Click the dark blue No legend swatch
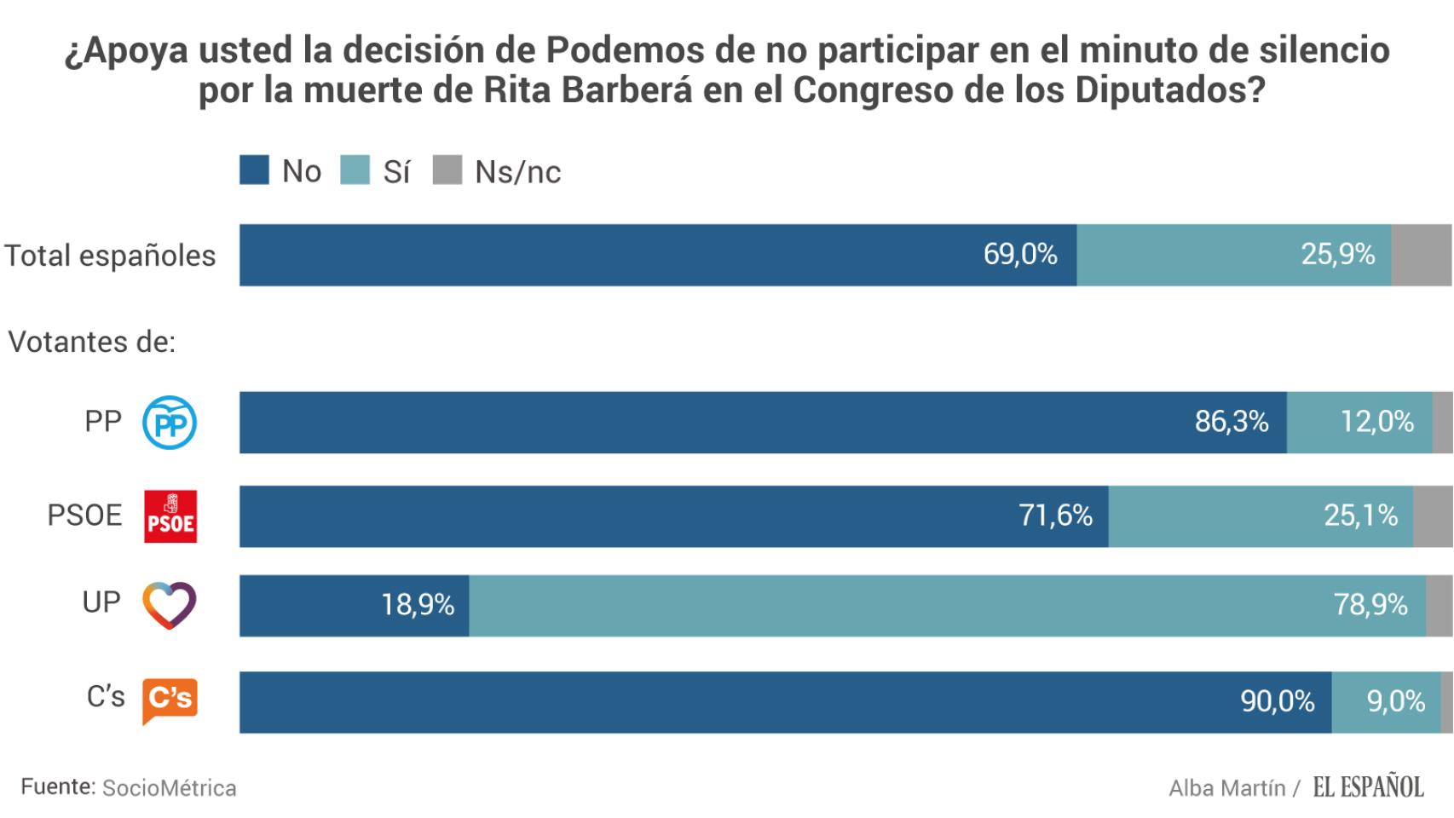tap(254, 170)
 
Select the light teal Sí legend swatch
tap(355, 170)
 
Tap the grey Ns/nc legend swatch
tap(447, 170)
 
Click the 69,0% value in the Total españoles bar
tap(1019, 254)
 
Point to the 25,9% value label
tap(1337, 254)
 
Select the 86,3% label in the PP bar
tap(1231, 422)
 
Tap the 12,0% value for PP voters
tap(1376, 422)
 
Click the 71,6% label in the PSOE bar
tap(1055, 516)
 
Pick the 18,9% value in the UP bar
tap(417, 605)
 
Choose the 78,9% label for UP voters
tap(1370, 605)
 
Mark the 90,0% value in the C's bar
tap(1277, 701)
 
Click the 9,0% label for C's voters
tap(1395, 701)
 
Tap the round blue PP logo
tap(170, 423)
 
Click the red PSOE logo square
tap(170, 516)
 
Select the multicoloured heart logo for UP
tap(170, 605)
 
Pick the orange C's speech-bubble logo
tap(170, 700)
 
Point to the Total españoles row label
tap(110, 256)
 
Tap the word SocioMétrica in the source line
tap(169, 788)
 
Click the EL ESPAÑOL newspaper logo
tap(1368, 787)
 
